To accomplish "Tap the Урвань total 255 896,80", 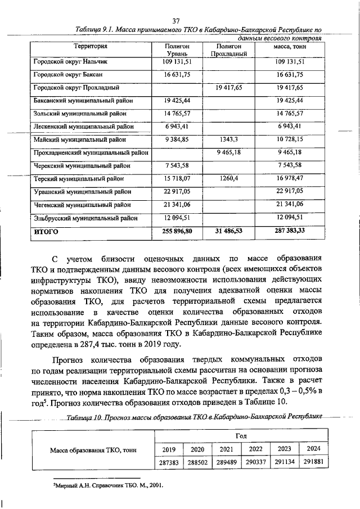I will (177, 231).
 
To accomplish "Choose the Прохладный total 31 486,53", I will (228, 231).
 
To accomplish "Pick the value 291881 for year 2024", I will (310, 462).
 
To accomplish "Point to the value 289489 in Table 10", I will (226, 462).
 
